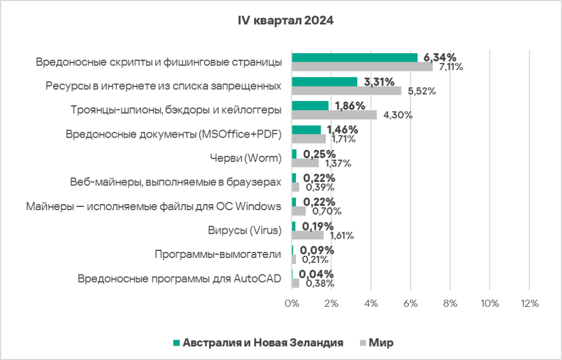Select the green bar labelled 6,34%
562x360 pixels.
(x=355, y=58)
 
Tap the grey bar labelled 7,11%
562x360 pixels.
(x=362, y=67)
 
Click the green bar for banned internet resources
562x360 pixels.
(x=324, y=82)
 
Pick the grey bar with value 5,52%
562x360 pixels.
(x=346, y=91)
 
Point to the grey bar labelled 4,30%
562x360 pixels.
(x=334, y=115)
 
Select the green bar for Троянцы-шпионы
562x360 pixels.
(x=310, y=106)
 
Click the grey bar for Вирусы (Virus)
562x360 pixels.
(x=307, y=235)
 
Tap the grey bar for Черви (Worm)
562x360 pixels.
(x=305, y=163)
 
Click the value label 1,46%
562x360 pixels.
(x=342, y=130)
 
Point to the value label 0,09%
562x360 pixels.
(x=319, y=250)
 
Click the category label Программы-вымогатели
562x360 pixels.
(x=218, y=255)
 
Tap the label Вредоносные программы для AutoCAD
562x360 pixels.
(x=179, y=279)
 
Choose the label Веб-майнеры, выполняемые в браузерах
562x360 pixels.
(x=176, y=182)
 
